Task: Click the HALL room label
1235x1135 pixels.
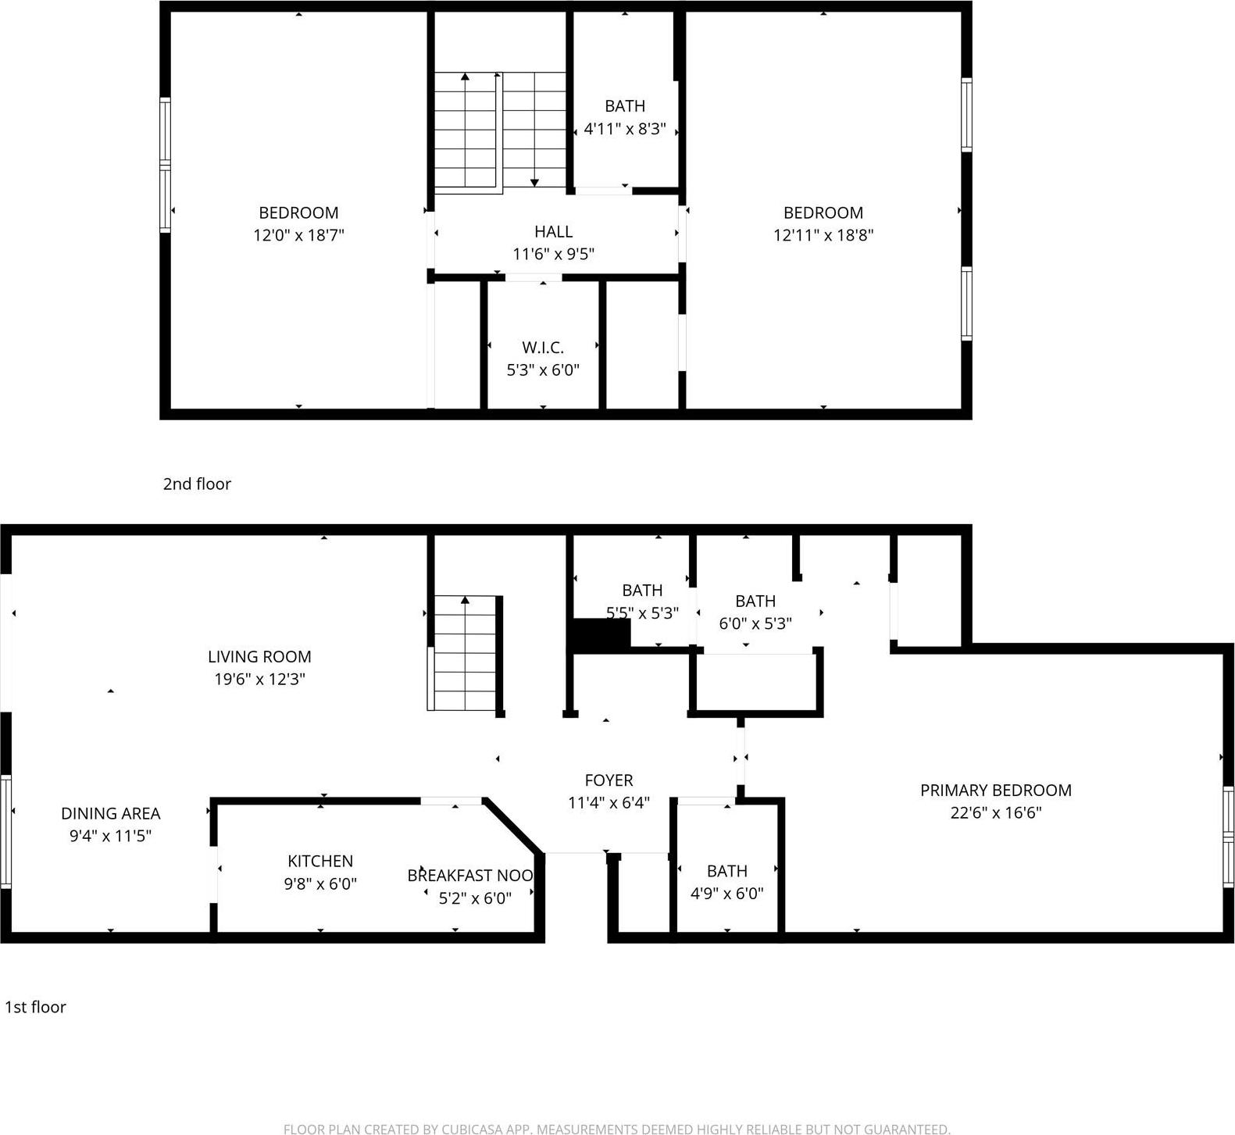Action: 553,231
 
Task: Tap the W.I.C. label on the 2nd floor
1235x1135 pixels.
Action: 543,348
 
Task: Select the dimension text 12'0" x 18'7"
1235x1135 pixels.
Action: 298,235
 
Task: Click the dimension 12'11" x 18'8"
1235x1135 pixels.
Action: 823,235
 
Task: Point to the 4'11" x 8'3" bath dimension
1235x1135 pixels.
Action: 625,129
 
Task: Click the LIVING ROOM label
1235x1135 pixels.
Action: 259,657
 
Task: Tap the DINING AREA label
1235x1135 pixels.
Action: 110,813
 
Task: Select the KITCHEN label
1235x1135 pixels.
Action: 320,861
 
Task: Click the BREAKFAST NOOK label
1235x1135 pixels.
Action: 469,876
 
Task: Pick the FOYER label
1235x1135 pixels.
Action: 609,780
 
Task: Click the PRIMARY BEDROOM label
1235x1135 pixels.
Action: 995,790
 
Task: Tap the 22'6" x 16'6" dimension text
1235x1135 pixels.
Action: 995,812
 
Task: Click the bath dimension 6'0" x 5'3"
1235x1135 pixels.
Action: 755,623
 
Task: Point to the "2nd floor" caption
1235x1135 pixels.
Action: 197,484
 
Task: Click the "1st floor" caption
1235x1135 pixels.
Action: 35,1007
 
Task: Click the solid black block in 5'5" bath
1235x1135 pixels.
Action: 601,634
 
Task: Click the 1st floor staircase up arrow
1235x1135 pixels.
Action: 465,601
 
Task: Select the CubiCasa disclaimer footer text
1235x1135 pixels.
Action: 616,1129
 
